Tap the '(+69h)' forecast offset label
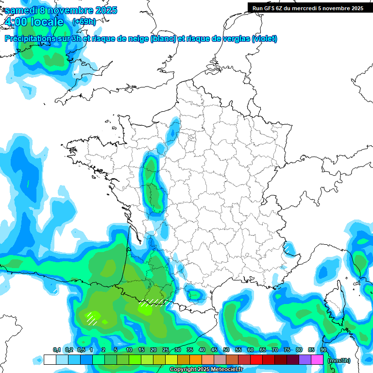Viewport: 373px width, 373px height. point(84,21)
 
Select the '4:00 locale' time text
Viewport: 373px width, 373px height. point(34,22)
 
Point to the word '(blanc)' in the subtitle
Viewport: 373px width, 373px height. point(163,39)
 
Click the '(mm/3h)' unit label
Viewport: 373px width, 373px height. point(339,360)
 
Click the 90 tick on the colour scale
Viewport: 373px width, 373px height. point(323,350)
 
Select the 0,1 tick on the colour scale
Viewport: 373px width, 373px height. point(56,350)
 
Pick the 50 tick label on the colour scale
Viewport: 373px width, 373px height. point(226,350)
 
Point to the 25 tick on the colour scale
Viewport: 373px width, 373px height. point(166,350)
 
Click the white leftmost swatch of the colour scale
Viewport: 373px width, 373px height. point(50,359)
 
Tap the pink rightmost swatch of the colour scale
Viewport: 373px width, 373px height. point(317,359)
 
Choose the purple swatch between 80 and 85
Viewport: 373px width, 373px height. point(305,359)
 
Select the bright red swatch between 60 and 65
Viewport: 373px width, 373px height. point(256,359)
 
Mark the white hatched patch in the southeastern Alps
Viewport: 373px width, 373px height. point(288,248)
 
